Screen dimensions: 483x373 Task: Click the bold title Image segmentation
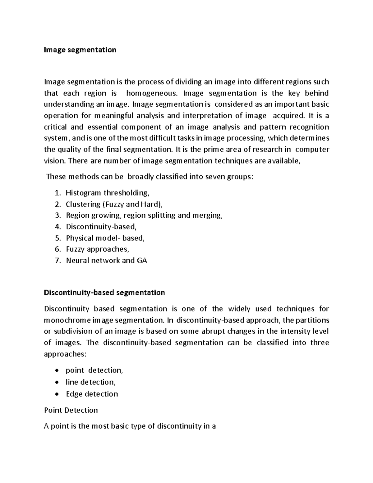coord(80,50)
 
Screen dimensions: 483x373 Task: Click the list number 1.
coord(57,193)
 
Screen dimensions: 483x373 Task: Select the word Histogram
coord(84,193)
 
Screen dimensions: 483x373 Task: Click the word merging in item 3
coord(209,216)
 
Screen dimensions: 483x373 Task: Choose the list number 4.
coord(57,227)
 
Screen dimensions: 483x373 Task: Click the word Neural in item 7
coord(77,260)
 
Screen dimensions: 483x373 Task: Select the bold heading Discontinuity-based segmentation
coord(104,293)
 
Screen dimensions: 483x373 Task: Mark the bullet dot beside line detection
coord(56,382)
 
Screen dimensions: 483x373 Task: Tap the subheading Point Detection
coord(71,410)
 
